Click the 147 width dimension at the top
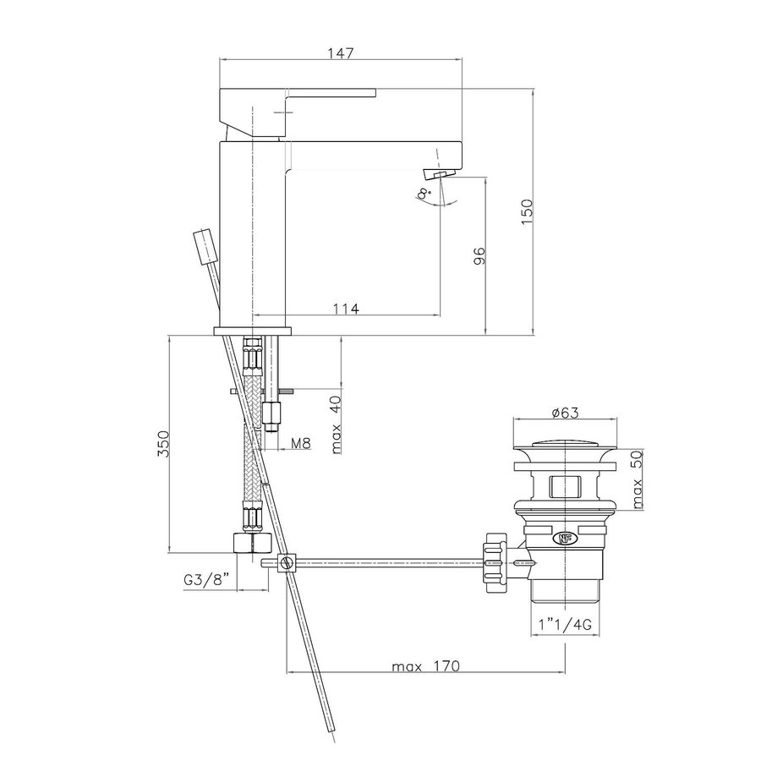pyautogui.click(x=341, y=52)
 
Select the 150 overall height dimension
pyautogui.click(x=525, y=211)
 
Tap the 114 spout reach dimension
pyautogui.click(x=347, y=309)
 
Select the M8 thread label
pyautogui.click(x=299, y=441)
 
